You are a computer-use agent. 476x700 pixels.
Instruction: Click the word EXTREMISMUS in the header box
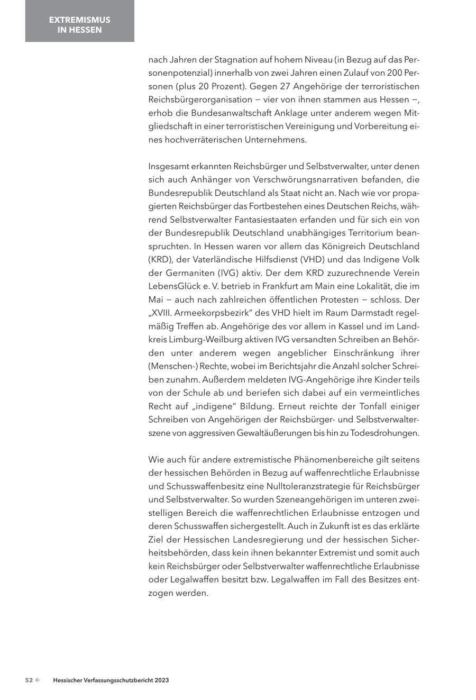(x=80, y=20)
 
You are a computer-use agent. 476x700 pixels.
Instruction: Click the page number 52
(x=29, y=680)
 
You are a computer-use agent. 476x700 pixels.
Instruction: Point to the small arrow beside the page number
(x=38, y=680)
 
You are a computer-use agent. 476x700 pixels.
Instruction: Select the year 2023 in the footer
(x=162, y=680)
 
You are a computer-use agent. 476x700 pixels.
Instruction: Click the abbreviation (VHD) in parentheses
(x=317, y=259)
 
